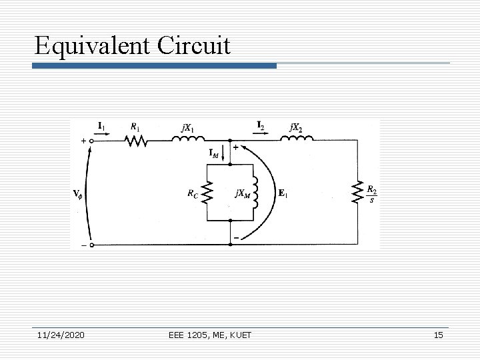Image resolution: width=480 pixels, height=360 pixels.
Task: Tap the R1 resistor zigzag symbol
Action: (x=136, y=141)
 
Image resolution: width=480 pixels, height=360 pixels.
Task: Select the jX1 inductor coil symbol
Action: (x=189, y=139)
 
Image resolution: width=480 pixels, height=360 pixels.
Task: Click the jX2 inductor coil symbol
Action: (x=296, y=139)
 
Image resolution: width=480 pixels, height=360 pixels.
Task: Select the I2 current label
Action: (x=261, y=125)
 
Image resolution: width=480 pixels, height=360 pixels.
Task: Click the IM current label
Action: (x=215, y=154)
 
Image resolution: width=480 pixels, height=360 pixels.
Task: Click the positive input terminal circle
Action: (x=92, y=141)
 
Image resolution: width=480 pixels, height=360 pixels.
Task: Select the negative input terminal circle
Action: (x=92, y=245)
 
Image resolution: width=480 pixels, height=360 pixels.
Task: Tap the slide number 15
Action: (x=438, y=335)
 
